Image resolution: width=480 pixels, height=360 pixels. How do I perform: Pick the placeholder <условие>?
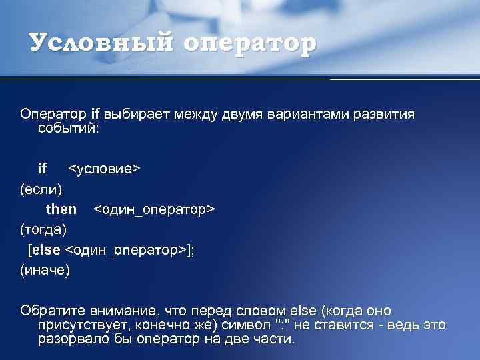click(105, 168)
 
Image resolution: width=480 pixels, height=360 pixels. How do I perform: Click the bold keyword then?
click(61, 209)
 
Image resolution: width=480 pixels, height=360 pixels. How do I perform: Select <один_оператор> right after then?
click(154, 209)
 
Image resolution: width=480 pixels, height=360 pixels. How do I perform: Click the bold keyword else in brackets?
click(46, 250)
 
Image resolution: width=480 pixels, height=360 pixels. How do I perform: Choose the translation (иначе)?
click(45, 271)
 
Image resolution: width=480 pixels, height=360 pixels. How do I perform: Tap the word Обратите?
click(51, 311)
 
